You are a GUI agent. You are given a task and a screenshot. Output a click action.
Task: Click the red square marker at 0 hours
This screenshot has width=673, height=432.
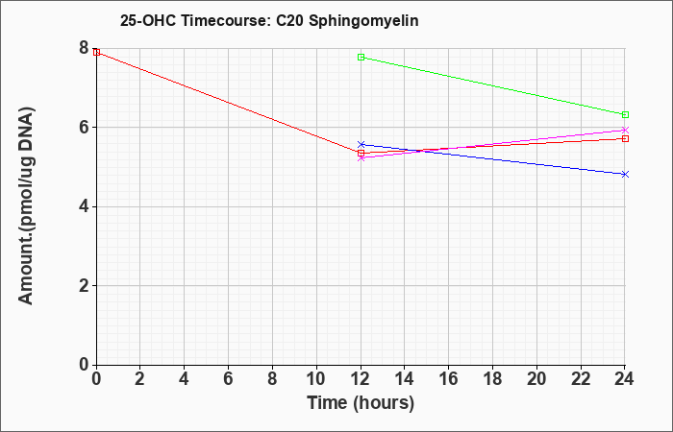tap(96, 52)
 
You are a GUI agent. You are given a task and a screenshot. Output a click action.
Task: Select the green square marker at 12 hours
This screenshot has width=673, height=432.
tap(361, 57)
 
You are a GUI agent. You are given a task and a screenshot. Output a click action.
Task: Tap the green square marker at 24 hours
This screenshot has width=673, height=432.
tap(625, 115)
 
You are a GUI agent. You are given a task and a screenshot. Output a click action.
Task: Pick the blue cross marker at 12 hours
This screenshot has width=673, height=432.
tap(361, 144)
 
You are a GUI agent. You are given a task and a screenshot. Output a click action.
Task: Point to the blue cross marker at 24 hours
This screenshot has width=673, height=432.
tap(625, 174)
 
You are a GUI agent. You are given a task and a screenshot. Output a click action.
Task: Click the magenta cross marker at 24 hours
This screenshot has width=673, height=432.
tap(625, 130)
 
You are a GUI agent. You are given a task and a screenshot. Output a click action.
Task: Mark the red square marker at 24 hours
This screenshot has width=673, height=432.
tap(625, 139)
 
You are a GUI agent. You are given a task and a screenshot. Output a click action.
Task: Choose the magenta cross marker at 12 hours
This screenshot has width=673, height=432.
tap(361, 158)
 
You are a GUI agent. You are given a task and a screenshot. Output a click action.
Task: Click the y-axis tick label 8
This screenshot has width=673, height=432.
tap(84, 48)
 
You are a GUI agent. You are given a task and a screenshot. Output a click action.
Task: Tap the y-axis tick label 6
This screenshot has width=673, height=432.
tap(84, 128)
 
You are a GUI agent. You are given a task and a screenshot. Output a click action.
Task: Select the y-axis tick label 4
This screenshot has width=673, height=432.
tap(84, 206)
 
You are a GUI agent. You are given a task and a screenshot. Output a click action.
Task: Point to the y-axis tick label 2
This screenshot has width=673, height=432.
tap(84, 286)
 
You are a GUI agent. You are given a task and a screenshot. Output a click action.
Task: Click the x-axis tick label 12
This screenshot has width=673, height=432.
tap(361, 379)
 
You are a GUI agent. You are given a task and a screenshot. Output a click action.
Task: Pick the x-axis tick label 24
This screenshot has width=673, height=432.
tap(625, 379)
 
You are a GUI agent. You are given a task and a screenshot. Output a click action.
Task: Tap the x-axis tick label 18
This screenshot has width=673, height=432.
tap(492, 379)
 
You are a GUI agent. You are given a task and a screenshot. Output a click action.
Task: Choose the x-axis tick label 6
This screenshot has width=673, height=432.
tap(229, 379)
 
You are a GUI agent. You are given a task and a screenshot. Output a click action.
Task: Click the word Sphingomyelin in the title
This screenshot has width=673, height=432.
tap(363, 21)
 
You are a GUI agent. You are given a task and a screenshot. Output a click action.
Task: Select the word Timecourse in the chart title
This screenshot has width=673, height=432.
tap(225, 20)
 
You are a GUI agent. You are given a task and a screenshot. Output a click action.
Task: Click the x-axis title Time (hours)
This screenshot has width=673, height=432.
tap(361, 403)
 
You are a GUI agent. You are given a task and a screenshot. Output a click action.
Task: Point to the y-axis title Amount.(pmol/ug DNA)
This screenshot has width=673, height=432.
tap(27, 206)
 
